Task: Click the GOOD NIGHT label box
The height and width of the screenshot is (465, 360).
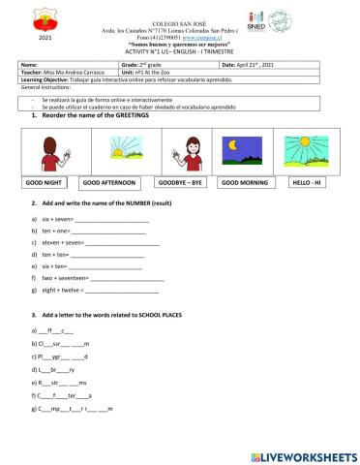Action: coord(46,182)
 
